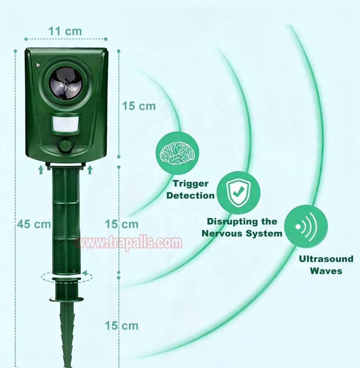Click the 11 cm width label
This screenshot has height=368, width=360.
pos(65,31)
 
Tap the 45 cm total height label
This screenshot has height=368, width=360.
pos(34,224)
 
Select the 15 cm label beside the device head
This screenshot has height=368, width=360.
pos(139,106)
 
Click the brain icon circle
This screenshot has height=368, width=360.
pos(177,153)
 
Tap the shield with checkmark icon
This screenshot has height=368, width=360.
pos(238,193)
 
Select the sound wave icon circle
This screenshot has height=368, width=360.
pos(306,227)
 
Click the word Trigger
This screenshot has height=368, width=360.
pos(191,184)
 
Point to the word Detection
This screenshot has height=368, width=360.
pos(191,195)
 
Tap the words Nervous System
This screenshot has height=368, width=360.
pos(242,233)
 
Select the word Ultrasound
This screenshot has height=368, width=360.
pos(326,259)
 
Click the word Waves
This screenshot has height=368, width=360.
pos(326,271)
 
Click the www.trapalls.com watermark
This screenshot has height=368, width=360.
pos(128,242)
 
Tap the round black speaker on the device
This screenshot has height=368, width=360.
pos(66,83)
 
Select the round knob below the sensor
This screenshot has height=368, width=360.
pos(65,146)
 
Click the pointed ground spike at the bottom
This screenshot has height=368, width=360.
pos(67,334)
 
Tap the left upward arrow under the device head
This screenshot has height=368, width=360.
pos(41,170)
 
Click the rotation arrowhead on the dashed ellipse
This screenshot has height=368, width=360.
pos(84,273)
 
